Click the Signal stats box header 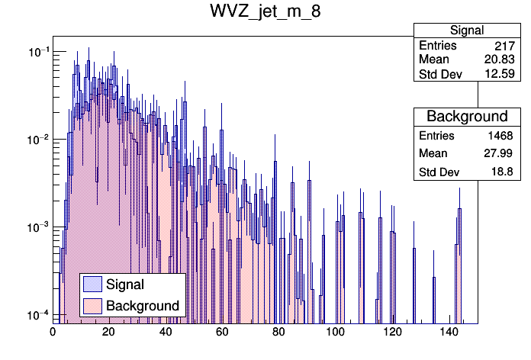(466, 31)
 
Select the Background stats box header (467, 117)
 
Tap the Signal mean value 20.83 (499, 60)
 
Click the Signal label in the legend (125, 284)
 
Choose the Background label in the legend (143, 306)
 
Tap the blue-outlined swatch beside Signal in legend (93, 284)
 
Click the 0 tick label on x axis (53, 333)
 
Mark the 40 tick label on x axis (166, 333)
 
